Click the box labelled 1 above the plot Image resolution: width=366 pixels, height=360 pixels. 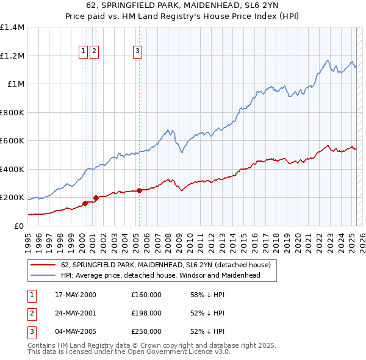[82, 52]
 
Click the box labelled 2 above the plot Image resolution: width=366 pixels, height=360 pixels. [94, 52]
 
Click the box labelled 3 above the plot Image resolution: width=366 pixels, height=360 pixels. [138, 52]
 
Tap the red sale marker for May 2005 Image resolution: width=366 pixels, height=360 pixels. [139, 190]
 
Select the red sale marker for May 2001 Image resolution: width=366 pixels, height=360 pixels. [96, 198]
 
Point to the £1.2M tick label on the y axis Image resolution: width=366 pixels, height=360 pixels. [12, 56]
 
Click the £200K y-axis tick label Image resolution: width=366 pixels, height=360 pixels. [12, 198]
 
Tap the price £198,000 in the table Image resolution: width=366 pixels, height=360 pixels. [146, 313]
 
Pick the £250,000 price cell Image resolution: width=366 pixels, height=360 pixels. [146, 331]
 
